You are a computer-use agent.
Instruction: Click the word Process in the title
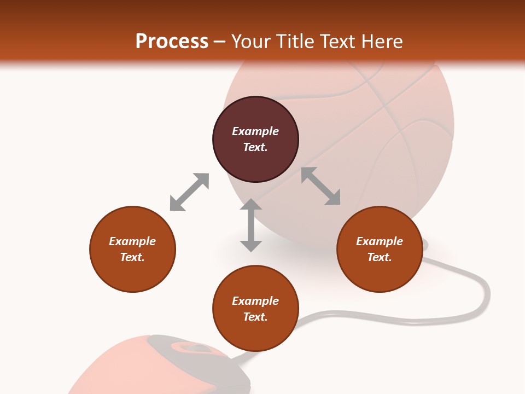tap(172, 42)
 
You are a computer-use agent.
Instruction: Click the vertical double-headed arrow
tap(251, 225)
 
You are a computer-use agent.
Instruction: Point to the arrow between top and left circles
tap(189, 192)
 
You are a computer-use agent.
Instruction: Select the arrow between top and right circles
tap(321, 186)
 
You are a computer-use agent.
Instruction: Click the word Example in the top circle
tap(255, 131)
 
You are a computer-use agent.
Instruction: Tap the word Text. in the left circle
tap(132, 257)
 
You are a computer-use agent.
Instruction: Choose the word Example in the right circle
tap(380, 241)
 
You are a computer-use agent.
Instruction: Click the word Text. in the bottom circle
tap(255, 317)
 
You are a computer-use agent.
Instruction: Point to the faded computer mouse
tap(164, 367)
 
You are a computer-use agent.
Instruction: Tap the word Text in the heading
tap(337, 42)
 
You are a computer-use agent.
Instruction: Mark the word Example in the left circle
tap(132, 241)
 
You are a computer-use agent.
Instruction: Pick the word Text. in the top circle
tap(255, 147)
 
